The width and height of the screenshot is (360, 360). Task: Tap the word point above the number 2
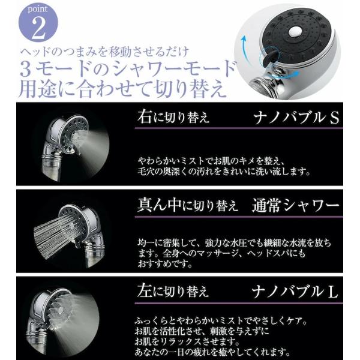pyautogui.click(x=37, y=10)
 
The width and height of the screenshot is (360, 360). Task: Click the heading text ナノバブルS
pyautogui.click(x=296, y=118)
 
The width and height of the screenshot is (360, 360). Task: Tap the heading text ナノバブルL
pyautogui.click(x=295, y=292)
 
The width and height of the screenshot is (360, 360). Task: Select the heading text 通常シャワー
pyautogui.click(x=295, y=205)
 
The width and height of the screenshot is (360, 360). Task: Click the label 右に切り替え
pyautogui.click(x=173, y=117)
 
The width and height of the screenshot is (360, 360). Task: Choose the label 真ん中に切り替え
pyautogui.click(x=187, y=205)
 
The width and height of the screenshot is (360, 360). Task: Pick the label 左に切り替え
pyautogui.click(x=173, y=291)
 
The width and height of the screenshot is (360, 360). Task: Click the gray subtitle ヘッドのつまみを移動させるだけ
pyautogui.click(x=104, y=52)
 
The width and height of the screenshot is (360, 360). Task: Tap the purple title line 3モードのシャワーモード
pyautogui.click(x=128, y=69)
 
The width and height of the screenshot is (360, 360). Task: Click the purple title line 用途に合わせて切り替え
pyautogui.click(x=123, y=89)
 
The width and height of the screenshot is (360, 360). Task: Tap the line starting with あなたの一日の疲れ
pyautogui.click(x=212, y=352)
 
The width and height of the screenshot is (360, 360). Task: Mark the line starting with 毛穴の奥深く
pyautogui.click(x=224, y=172)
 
